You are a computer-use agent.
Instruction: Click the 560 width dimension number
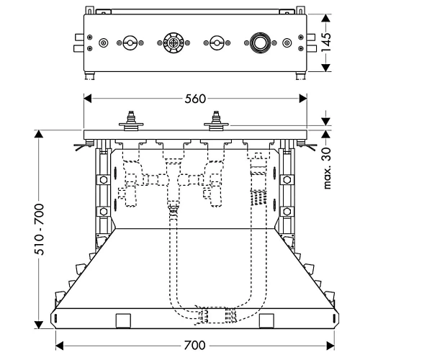195,99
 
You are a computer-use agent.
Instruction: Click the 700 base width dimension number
195,345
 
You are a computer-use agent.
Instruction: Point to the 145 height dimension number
326,42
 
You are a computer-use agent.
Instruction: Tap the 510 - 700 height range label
39,230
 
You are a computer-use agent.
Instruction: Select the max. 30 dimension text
326,168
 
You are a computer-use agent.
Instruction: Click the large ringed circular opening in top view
259,43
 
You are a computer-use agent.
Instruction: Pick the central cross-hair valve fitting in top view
174,43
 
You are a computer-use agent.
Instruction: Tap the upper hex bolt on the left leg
103,180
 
